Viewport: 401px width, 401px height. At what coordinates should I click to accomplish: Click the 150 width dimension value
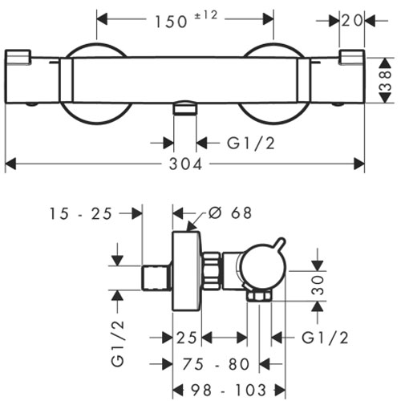click(x=171, y=22)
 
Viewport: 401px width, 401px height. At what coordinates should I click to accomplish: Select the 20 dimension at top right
click(x=352, y=20)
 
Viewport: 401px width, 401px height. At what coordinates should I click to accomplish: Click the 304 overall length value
click(x=185, y=164)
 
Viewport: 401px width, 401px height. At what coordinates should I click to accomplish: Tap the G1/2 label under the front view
click(x=251, y=143)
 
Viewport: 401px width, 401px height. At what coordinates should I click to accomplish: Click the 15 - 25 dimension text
click(x=80, y=213)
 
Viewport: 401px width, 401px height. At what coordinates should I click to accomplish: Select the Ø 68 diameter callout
click(x=230, y=213)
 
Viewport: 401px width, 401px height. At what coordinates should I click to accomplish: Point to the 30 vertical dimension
click(x=318, y=286)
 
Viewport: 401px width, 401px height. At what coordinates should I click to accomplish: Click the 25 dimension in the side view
click(x=187, y=338)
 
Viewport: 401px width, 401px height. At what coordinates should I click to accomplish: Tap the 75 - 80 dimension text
click(x=216, y=364)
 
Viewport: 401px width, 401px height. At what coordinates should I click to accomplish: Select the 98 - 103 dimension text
click(x=229, y=390)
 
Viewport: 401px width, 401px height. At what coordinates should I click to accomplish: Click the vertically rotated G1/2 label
click(x=118, y=343)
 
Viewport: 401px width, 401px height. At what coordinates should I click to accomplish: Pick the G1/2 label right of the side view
click(x=325, y=338)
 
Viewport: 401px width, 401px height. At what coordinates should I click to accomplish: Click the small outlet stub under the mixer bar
click(x=185, y=107)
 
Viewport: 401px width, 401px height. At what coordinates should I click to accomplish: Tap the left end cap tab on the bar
click(x=18, y=57)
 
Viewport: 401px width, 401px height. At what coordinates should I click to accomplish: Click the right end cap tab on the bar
click(x=352, y=57)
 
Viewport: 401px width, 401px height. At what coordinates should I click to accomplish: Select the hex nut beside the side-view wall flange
click(x=212, y=271)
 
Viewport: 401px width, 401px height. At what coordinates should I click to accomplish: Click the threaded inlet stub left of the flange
click(x=156, y=278)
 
